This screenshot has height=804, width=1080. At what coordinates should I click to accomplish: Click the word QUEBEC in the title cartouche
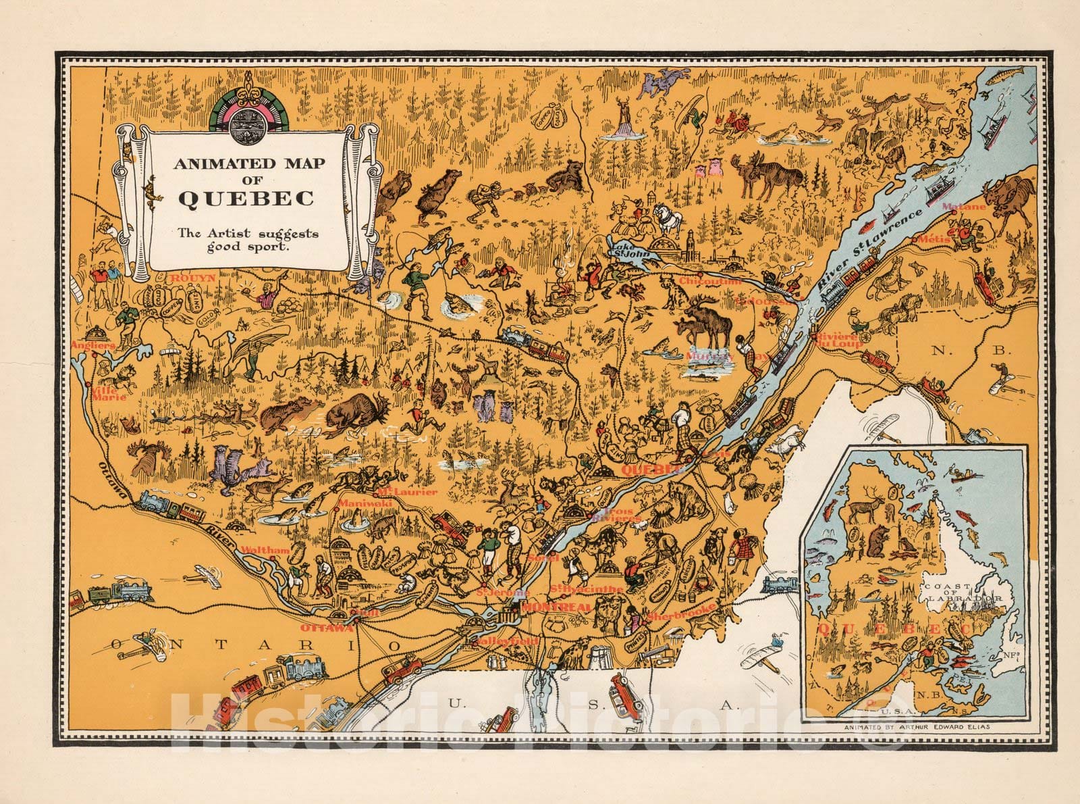point(245,199)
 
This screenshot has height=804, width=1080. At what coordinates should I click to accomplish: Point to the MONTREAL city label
point(547,607)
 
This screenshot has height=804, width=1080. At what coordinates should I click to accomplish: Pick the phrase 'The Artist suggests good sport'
point(247,239)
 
